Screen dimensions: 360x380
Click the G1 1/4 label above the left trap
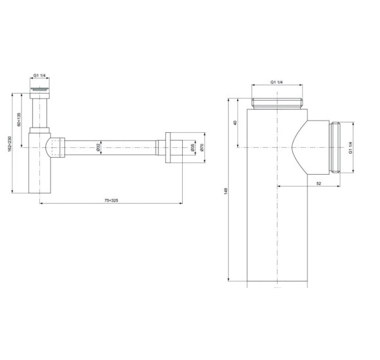point(41,75)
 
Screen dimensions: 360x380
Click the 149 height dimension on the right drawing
point(227,192)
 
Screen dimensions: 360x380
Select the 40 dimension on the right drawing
point(235,122)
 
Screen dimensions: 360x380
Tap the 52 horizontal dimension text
point(318,183)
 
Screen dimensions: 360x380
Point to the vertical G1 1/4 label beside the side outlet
point(351,147)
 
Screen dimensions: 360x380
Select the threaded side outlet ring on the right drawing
point(336,147)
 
